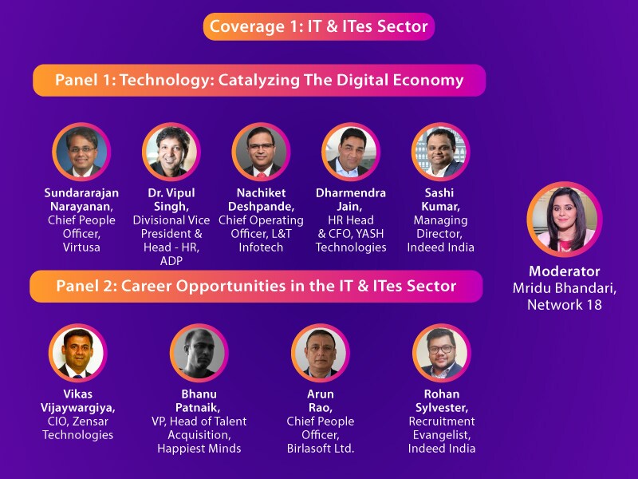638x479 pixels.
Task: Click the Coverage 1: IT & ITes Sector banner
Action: [x=319, y=26]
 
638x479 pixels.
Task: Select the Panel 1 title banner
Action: [x=259, y=81]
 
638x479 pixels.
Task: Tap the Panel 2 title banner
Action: [x=256, y=286]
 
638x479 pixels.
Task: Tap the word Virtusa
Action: [x=81, y=247]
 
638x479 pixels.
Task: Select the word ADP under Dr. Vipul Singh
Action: [x=171, y=261]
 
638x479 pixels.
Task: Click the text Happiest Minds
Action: [x=199, y=449]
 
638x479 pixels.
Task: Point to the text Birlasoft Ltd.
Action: [x=320, y=449]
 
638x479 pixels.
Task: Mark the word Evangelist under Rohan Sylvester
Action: [x=441, y=435]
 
